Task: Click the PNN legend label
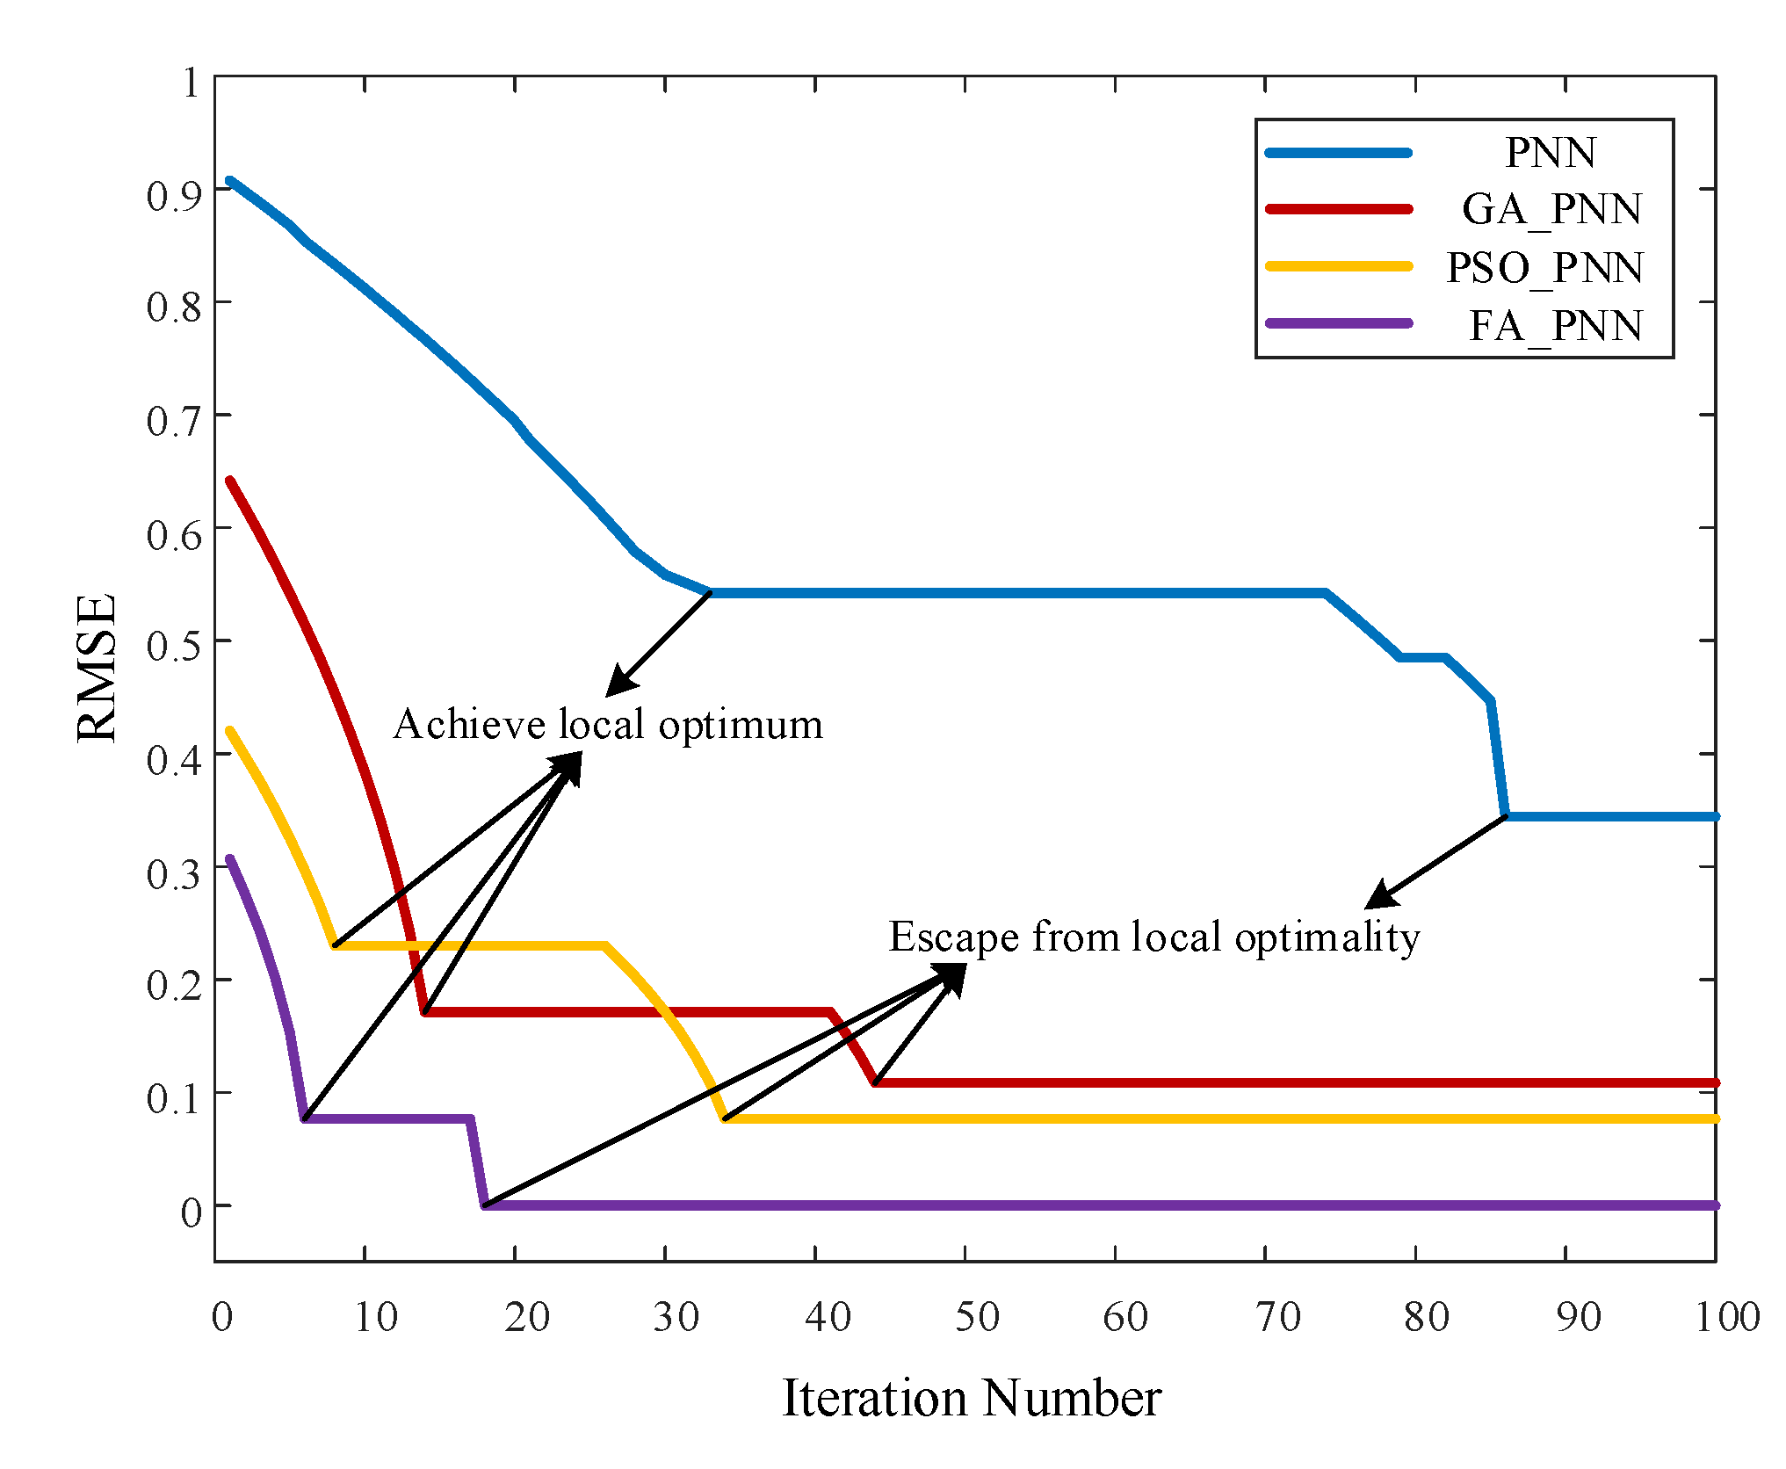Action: [1550, 153]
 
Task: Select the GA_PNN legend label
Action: [1551, 210]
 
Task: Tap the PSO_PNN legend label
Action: [1544, 268]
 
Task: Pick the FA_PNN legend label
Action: [1555, 326]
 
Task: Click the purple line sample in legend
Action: [1338, 323]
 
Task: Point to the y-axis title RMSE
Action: [97, 669]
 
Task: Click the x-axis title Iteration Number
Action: [971, 1398]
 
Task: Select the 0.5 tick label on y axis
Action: [174, 647]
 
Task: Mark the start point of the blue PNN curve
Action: [229, 181]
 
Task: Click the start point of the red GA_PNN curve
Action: [229, 481]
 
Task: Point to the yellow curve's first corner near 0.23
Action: [335, 945]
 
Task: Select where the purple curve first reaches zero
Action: [485, 1205]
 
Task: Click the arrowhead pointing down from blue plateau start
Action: [618, 685]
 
